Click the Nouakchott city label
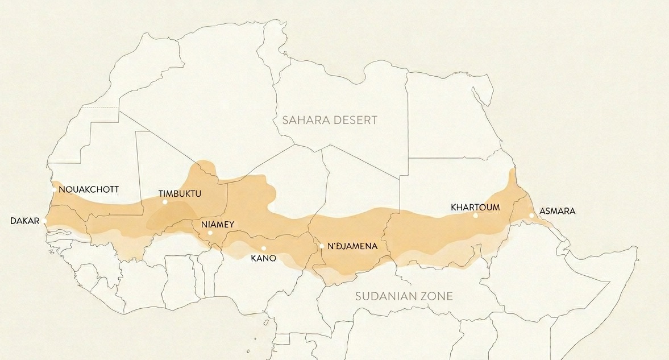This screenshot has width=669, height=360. (x=89, y=189)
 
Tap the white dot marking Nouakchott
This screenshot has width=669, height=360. (x=54, y=189)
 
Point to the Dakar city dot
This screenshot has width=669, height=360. (x=45, y=220)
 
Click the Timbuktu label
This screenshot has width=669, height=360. (x=180, y=193)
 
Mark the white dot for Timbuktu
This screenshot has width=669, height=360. (x=165, y=202)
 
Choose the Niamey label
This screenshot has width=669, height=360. (x=218, y=224)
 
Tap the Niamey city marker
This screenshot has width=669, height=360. (x=210, y=233)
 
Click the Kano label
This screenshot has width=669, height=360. (x=263, y=258)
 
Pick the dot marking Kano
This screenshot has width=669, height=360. (x=264, y=248)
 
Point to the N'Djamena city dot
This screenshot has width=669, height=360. (x=322, y=246)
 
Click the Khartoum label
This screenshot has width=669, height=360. (x=475, y=207)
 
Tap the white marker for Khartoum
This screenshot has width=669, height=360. (x=475, y=216)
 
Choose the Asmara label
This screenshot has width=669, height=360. (x=557, y=211)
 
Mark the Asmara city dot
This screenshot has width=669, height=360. (x=531, y=216)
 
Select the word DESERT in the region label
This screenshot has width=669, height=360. (x=356, y=120)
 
